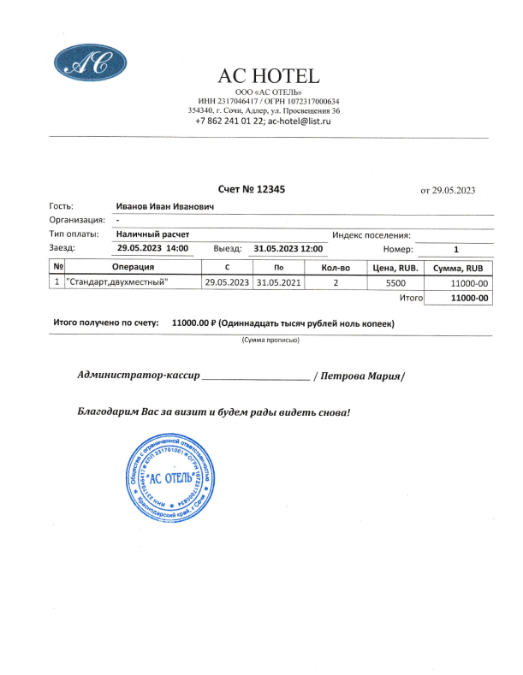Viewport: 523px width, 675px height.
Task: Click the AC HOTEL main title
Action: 269,76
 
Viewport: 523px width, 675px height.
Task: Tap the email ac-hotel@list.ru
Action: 299,121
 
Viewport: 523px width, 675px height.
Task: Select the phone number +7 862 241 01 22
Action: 229,121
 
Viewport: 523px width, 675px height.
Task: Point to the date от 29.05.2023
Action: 448,190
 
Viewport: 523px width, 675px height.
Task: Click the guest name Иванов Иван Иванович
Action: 164,206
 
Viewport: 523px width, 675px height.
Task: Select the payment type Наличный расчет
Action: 153,234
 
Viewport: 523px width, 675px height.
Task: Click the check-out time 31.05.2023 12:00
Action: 288,248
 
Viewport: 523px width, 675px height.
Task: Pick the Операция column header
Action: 132,268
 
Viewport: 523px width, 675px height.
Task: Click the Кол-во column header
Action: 336,268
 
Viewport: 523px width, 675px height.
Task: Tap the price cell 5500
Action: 395,281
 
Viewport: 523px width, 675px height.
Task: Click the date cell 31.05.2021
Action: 279,281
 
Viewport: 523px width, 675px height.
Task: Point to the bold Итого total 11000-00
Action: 469,298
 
